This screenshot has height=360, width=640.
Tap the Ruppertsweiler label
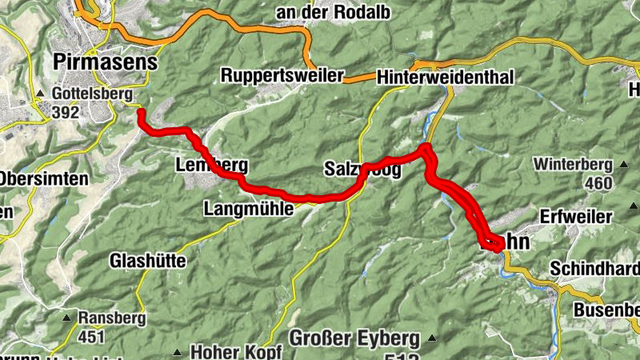(282, 77)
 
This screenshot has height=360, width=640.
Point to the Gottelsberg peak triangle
(39, 94)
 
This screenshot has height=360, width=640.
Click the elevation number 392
(65, 113)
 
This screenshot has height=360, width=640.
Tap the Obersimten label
(43, 178)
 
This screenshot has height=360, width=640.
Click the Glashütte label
(147, 261)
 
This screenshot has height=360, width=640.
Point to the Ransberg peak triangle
(68, 318)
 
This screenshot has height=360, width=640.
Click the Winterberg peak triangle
(624, 166)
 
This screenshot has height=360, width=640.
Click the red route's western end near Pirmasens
(141, 113)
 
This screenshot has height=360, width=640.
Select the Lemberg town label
(210, 166)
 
